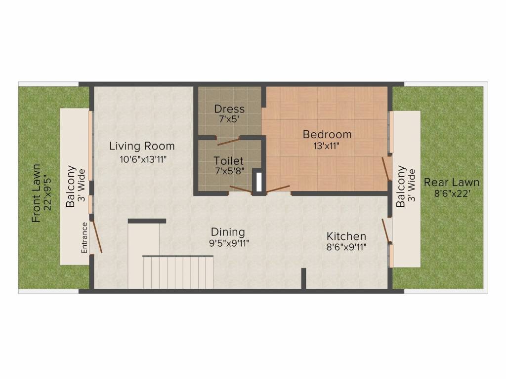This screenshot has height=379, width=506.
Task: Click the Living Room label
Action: coord(142,146)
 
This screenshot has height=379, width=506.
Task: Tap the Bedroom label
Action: coord(327,134)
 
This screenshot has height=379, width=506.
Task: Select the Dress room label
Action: coord(229,109)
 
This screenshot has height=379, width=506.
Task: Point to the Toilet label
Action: coord(229,161)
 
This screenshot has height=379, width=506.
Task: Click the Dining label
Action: coord(228,232)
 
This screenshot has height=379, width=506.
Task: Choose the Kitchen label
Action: coord(346,236)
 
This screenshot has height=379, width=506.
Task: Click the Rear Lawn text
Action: coord(452,182)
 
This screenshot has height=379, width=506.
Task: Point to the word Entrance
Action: coord(84,238)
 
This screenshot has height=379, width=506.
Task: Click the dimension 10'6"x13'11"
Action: coord(142,158)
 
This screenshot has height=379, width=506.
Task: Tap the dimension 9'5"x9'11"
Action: coord(228,243)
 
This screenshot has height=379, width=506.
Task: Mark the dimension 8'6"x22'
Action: coord(452,193)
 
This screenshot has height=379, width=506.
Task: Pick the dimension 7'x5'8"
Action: coord(229,172)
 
